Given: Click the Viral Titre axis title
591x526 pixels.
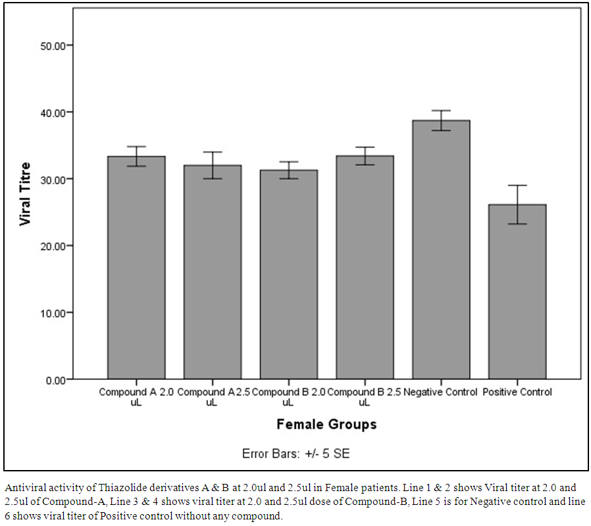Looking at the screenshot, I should pyautogui.click(x=26, y=194).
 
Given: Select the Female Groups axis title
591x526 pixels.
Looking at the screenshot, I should pyautogui.click(x=326, y=424).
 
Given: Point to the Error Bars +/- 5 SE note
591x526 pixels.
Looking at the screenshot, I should pyautogui.click(x=299, y=454).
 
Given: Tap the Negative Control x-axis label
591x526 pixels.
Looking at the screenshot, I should pyautogui.click(x=441, y=392).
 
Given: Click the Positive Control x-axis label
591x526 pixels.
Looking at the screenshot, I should pyautogui.click(x=517, y=392).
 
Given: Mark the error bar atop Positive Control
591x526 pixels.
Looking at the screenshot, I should pyautogui.click(x=517, y=204).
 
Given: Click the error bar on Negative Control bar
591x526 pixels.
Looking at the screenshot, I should pyautogui.click(x=441, y=120).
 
